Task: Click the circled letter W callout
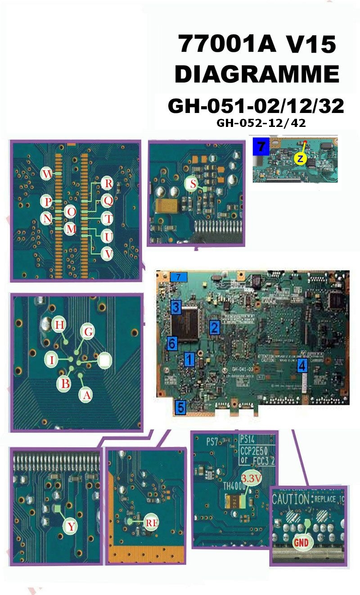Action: click(47, 173)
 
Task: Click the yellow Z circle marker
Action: click(300, 158)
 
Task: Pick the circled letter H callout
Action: click(58, 324)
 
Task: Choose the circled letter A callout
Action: click(85, 395)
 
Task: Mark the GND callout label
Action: click(301, 542)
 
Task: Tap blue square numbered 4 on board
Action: click(302, 365)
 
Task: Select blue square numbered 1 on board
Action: click(189, 359)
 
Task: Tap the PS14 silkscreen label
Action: click(250, 438)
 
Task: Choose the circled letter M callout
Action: click(70, 229)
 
